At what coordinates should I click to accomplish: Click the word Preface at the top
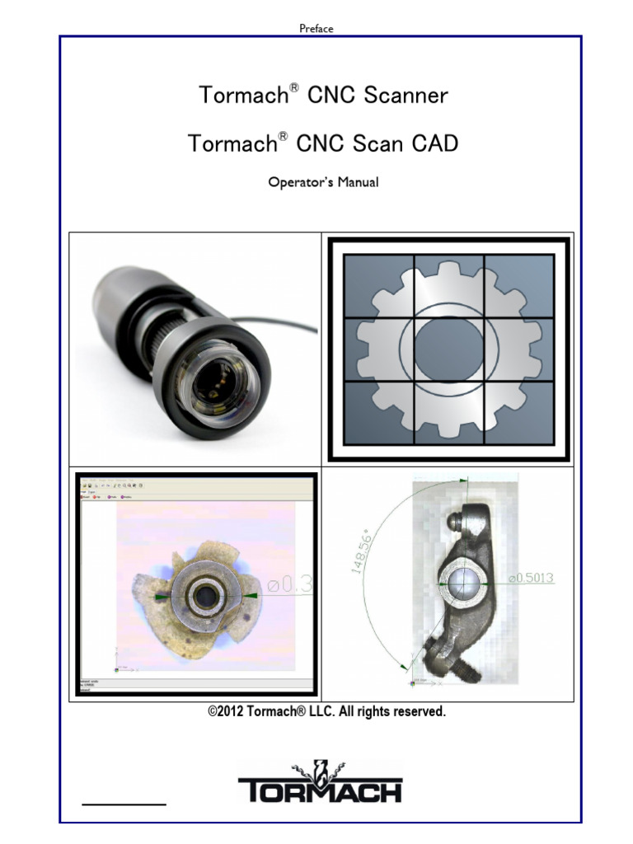(316, 29)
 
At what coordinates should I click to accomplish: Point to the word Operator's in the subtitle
(298, 182)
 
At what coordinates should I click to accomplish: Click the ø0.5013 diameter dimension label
(531, 579)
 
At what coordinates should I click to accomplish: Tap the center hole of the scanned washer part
(200, 595)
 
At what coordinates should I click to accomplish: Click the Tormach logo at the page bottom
(320, 784)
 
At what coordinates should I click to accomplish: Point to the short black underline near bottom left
(124, 801)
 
